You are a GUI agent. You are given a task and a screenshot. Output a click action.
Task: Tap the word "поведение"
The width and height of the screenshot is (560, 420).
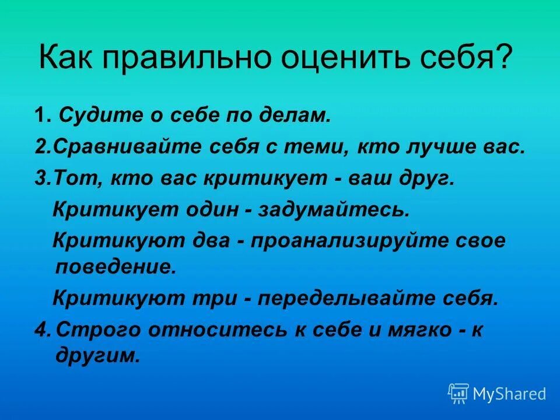[x=115, y=267]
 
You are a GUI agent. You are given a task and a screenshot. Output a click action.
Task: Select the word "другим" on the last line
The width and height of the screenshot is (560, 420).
[x=97, y=356]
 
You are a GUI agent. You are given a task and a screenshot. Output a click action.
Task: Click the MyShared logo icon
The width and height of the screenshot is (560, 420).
[x=459, y=393]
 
